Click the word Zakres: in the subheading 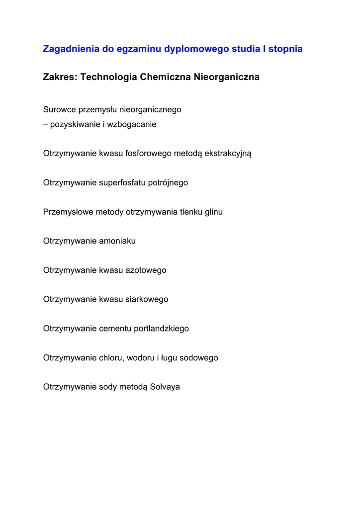(60, 78)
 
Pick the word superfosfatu (122, 182)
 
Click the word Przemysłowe (66, 212)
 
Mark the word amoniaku (117, 241)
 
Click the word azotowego (146, 270)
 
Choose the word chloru (111, 358)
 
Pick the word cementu (115, 329)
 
